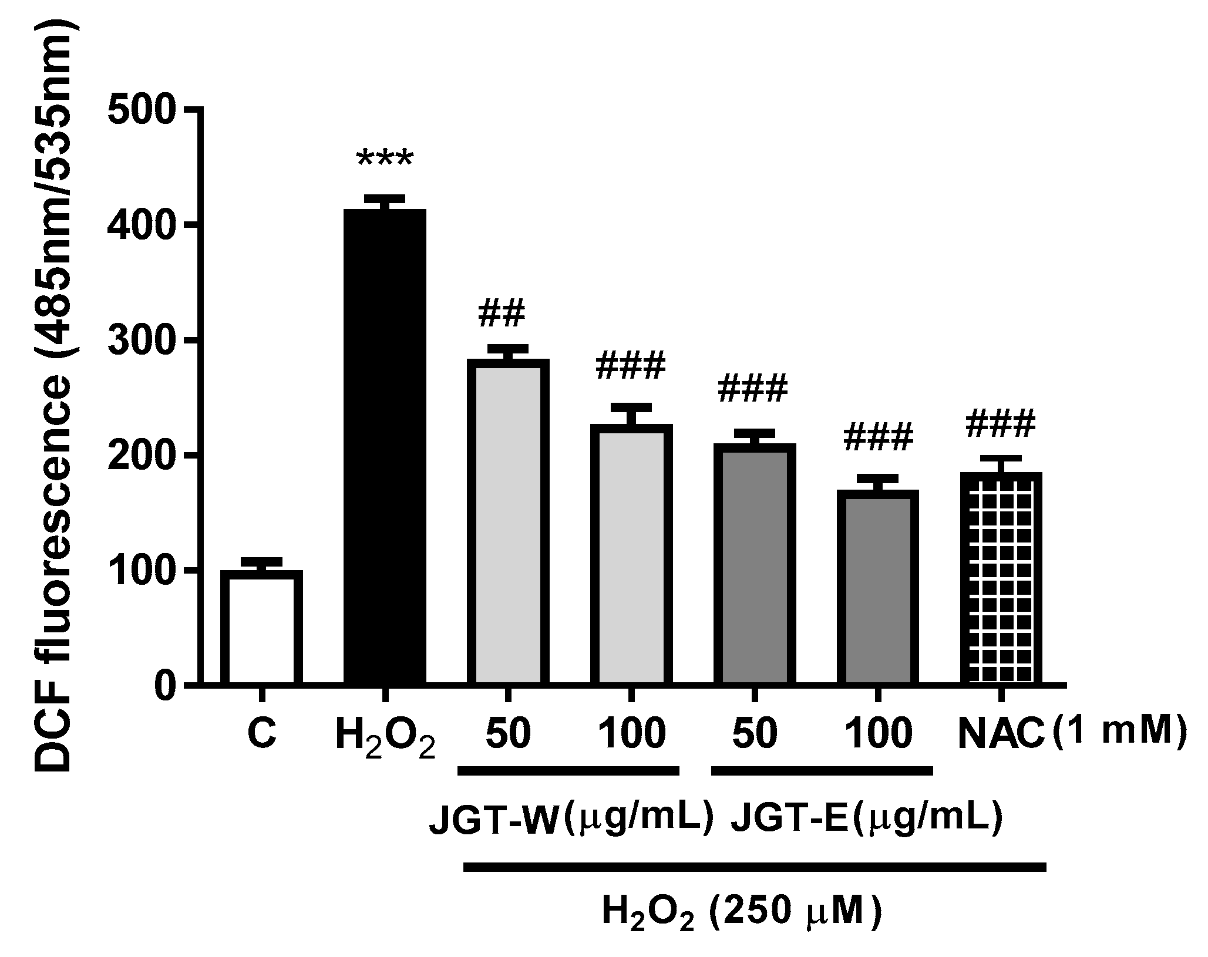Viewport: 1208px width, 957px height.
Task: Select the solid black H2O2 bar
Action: [385, 446]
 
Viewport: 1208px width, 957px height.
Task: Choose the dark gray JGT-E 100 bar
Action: [877, 587]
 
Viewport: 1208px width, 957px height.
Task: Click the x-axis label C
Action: [262, 734]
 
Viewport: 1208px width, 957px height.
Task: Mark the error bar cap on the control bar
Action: [262, 560]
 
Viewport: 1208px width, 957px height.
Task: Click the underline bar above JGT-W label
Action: [568, 770]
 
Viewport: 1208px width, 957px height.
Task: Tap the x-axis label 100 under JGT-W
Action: [632, 734]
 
